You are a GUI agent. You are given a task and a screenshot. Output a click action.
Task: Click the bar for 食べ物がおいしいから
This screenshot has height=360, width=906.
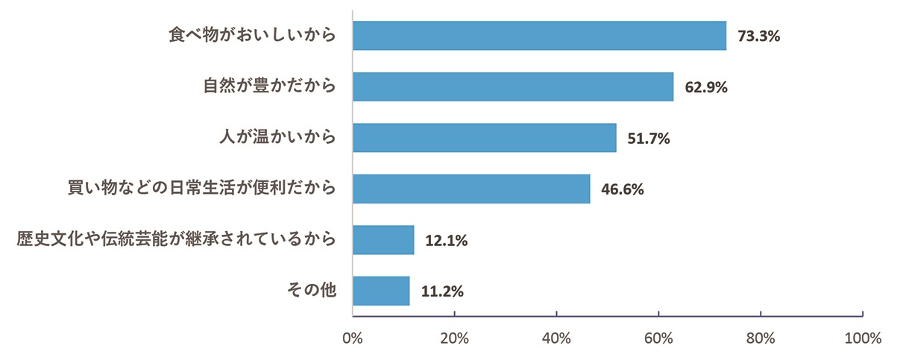539,36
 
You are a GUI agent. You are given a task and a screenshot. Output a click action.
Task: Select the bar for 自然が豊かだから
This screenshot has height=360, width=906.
513,86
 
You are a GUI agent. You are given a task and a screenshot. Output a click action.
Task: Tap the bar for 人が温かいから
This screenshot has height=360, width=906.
484,138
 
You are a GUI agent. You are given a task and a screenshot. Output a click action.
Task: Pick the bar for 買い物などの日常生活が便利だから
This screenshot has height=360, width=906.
471,189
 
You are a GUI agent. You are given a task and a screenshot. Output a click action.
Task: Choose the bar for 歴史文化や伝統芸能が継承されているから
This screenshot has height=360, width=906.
383,240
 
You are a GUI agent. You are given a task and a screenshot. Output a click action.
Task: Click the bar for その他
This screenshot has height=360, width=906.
381,291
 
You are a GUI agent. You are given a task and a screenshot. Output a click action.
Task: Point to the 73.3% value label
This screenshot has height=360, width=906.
758,36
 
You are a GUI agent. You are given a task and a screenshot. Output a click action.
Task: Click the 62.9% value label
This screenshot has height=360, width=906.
705,86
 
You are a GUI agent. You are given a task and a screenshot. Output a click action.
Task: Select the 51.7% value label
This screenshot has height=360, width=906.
649,138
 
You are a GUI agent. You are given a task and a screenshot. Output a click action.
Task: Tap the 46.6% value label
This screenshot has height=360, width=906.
622,189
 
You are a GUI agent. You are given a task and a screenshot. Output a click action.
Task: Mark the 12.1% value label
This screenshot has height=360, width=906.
446,240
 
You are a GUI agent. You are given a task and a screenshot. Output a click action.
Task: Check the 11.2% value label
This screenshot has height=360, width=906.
441,291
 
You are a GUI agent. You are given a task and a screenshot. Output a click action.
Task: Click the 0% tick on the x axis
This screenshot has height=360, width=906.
352,338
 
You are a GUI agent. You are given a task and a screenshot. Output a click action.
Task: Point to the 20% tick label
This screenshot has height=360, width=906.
454,338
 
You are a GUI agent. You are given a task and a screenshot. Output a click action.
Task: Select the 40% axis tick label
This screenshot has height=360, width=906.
556,338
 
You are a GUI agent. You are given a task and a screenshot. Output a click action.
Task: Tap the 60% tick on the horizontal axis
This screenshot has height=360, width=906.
658,338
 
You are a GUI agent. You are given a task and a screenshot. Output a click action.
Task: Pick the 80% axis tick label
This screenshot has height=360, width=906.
761,338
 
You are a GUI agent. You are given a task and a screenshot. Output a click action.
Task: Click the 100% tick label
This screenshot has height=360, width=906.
862,338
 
